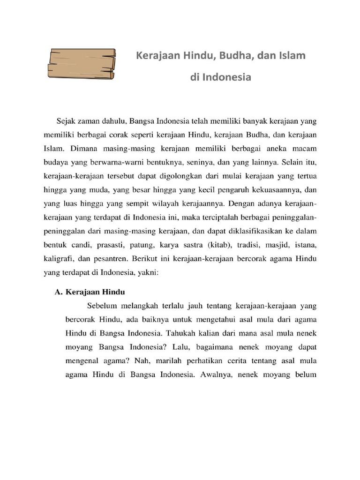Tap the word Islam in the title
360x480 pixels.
(x=293, y=56)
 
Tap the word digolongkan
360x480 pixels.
(x=183, y=178)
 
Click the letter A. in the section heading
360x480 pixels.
(x=59, y=292)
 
